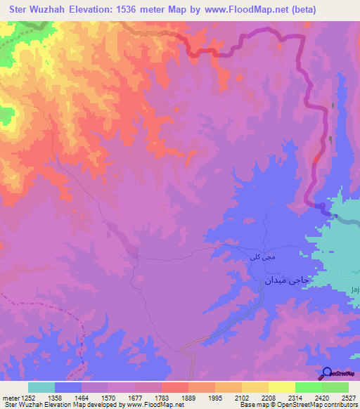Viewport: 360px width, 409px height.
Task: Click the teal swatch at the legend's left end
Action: click(41, 387)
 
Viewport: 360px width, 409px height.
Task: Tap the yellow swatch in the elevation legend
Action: click(281, 387)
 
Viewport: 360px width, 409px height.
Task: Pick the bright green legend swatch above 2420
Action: click(308, 387)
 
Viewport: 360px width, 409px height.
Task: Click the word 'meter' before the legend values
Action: click(11, 397)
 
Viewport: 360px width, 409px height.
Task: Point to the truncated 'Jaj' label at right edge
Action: click(354, 289)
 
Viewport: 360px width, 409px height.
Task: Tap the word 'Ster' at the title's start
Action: click(20, 10)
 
